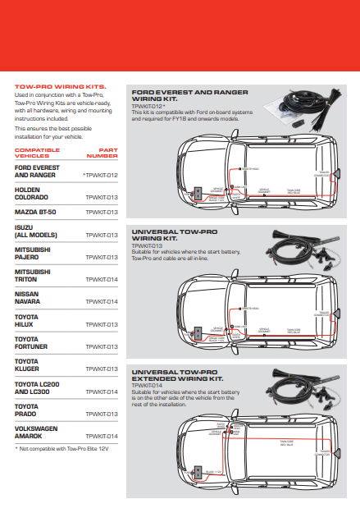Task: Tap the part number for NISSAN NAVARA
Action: [x=103, y=301]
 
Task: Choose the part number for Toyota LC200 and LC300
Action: [x=103, y=392]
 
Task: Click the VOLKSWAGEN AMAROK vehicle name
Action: [x=38, y=431]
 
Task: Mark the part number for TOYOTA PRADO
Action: [x=103, y=414]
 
